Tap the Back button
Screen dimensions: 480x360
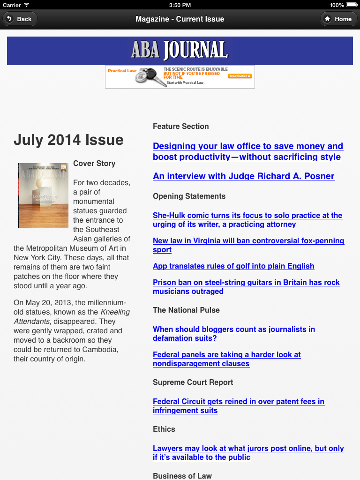click(20, 19)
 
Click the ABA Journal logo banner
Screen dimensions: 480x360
click(180, 51)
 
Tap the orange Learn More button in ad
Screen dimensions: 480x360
click(240, 76)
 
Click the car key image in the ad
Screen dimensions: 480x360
click(149, 77)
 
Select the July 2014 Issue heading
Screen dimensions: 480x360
click(68, 140)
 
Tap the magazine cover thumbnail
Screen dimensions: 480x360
click(43, 195)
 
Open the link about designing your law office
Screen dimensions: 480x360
click(247, 151)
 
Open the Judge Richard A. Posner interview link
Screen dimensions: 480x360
click(243, 176)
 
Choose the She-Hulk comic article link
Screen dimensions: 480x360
click(247, 220)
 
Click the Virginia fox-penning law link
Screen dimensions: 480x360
click(248, 245)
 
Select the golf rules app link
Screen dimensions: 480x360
click(233, 266)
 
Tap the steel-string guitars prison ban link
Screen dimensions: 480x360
click(246, 287)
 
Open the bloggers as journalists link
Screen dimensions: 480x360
click(233, 334)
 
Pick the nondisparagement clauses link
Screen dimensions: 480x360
click(226, 359)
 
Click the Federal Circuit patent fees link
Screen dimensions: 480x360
click(238, 406)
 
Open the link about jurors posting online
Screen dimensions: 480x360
click(248, 453)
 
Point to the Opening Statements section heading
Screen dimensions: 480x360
click(189, 196)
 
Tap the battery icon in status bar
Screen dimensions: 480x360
click(351, 5)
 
